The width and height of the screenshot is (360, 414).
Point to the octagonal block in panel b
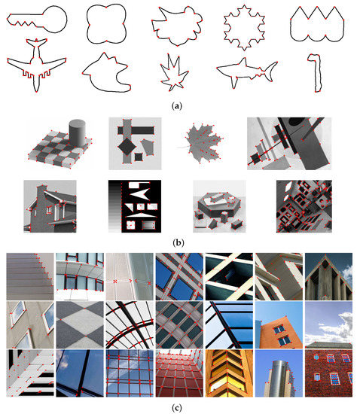(219, 210)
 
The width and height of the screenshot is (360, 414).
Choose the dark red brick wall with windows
(327, 373)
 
